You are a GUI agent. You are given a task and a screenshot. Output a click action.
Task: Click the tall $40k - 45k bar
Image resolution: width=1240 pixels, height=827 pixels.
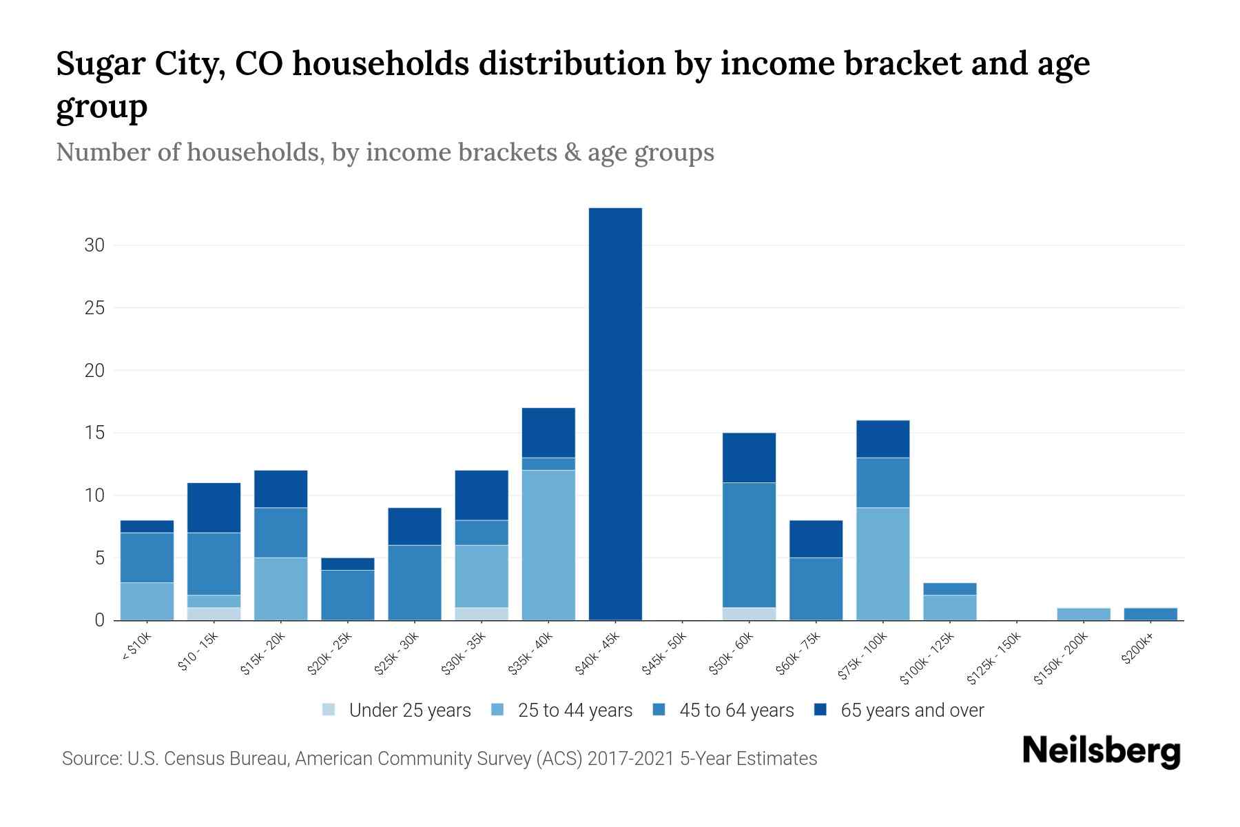tap(615, 413)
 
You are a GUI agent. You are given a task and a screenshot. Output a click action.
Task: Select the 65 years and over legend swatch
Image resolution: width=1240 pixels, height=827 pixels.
tap(820, 709)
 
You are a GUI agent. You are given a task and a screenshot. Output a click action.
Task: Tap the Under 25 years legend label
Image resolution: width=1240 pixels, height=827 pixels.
tap(410, 710)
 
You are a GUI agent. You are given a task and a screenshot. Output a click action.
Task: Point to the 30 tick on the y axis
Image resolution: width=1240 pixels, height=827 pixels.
tap(94, 245)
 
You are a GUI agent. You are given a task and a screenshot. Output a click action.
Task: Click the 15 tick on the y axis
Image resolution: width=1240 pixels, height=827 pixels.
tap(94, 433)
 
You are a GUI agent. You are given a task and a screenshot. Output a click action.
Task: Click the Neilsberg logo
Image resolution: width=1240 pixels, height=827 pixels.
tap(1101, 751)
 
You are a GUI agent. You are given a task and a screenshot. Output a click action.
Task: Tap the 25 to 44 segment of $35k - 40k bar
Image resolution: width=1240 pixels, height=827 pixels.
tap(548, 544)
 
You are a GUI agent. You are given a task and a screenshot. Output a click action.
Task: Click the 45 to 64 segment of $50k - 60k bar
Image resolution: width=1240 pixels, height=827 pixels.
tap(749, 544)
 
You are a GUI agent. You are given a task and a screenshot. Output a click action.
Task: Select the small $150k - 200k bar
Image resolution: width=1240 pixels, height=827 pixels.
tap(1084, 614)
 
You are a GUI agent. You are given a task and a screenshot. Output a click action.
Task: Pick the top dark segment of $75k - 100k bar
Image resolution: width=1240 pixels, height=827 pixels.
tap(882, 439)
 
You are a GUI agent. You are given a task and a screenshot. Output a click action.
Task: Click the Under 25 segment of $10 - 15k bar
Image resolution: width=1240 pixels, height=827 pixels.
tap(214, 613)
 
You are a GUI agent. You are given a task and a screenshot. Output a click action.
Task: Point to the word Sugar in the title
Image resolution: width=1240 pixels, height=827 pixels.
tap(93, 63)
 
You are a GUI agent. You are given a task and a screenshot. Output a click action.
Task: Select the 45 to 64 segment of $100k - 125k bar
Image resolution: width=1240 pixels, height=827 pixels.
tap(950, 589)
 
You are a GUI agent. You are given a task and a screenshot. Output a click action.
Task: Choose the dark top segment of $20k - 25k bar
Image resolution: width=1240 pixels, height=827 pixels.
tap(347, 564)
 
